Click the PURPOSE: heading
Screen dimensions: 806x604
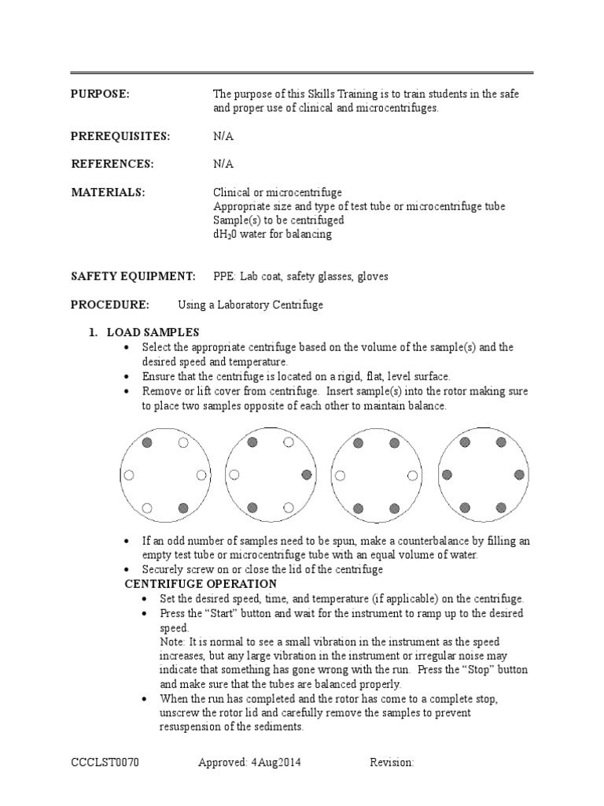(x=100, y=94)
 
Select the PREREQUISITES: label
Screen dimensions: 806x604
(x=120, y=136)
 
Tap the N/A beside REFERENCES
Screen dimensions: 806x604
(x=223, y=164)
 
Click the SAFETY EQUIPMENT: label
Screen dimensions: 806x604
(x=133, y=276)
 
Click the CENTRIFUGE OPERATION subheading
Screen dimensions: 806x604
(x=201, y=584)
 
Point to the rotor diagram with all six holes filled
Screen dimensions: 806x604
(x=482, y=475)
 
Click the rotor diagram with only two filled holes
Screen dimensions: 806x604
(x=164, y=475)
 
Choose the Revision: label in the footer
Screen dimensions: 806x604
(x=392, y=763)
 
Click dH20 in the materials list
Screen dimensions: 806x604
(x=226, y=235)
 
